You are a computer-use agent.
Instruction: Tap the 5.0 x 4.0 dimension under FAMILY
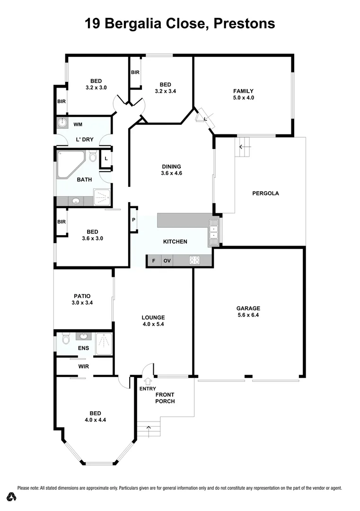click(243, 98)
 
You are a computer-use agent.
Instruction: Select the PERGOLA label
click(265, 193)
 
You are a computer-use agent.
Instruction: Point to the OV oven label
click(167, 261)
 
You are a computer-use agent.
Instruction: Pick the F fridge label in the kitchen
click(153, 261)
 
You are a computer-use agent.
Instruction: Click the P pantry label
click(133, 220)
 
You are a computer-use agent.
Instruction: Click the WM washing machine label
click(78, 125)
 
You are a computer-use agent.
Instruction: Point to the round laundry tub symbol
click(62, 123)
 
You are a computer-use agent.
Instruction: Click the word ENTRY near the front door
click(148, 389)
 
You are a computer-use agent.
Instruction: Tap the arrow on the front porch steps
click(149, 429)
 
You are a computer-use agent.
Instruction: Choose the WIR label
click(85, 366)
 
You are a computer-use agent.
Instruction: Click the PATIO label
click(82, 296)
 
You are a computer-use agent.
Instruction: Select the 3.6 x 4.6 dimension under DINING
click(172, 173)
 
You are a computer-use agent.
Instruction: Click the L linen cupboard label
click(106, 159)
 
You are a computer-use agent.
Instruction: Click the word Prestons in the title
click(244, 23)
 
